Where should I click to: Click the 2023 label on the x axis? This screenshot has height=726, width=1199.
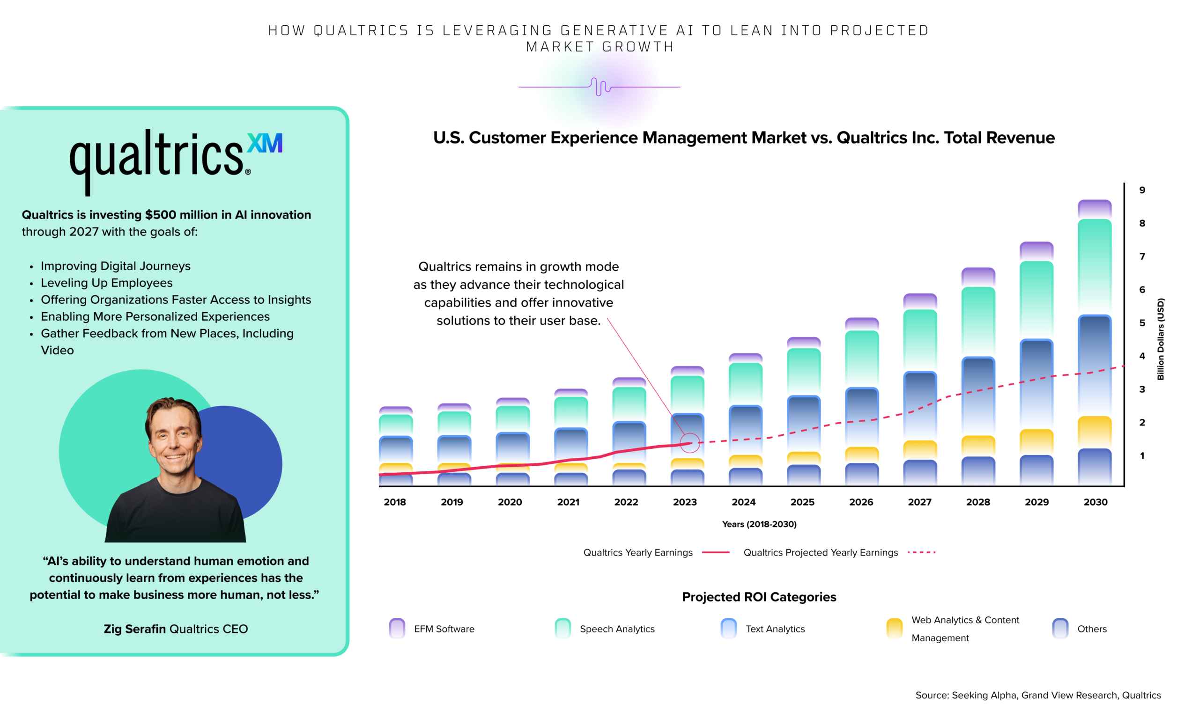(685, 502)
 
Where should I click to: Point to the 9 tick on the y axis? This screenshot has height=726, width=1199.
(1142, 190)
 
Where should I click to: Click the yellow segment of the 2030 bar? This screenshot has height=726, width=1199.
(1095, 431)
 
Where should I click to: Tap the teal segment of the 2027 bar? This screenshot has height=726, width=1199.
(920, 338)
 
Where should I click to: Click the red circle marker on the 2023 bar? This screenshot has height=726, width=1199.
(689, 442)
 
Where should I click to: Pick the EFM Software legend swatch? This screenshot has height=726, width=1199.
(397, 628)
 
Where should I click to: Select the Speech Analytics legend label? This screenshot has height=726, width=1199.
(617, 629)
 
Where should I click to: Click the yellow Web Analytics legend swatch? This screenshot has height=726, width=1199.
(895, 628)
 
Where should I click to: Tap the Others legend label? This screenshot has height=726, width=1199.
(1091, 629)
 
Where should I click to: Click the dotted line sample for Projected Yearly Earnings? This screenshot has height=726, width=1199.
(921, 552)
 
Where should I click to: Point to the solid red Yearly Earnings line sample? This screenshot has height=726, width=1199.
(715, 552)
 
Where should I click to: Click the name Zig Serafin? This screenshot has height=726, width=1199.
(135, 629)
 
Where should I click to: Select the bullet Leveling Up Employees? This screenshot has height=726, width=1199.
(107, 283)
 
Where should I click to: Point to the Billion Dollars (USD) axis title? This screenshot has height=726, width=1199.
(1161, 339)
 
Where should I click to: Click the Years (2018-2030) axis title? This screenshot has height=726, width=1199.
(759, 524)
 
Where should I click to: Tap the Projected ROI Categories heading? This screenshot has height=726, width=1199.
(759, 597)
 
